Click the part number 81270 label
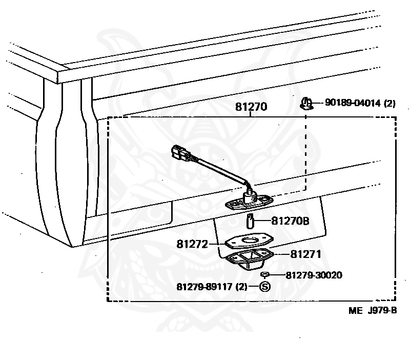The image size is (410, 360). click(x=252, y=107)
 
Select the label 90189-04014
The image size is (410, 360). click(x=353, y=104)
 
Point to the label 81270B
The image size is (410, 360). click(x=290, y=222)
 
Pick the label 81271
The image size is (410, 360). click(x=306, y=253)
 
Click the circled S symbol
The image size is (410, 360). click(x=265, y=287)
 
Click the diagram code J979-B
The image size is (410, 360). click(x=381, y=310)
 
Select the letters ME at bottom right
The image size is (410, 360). click(x=355, y=310)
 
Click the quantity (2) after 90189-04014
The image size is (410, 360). click(x=390, y=104)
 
